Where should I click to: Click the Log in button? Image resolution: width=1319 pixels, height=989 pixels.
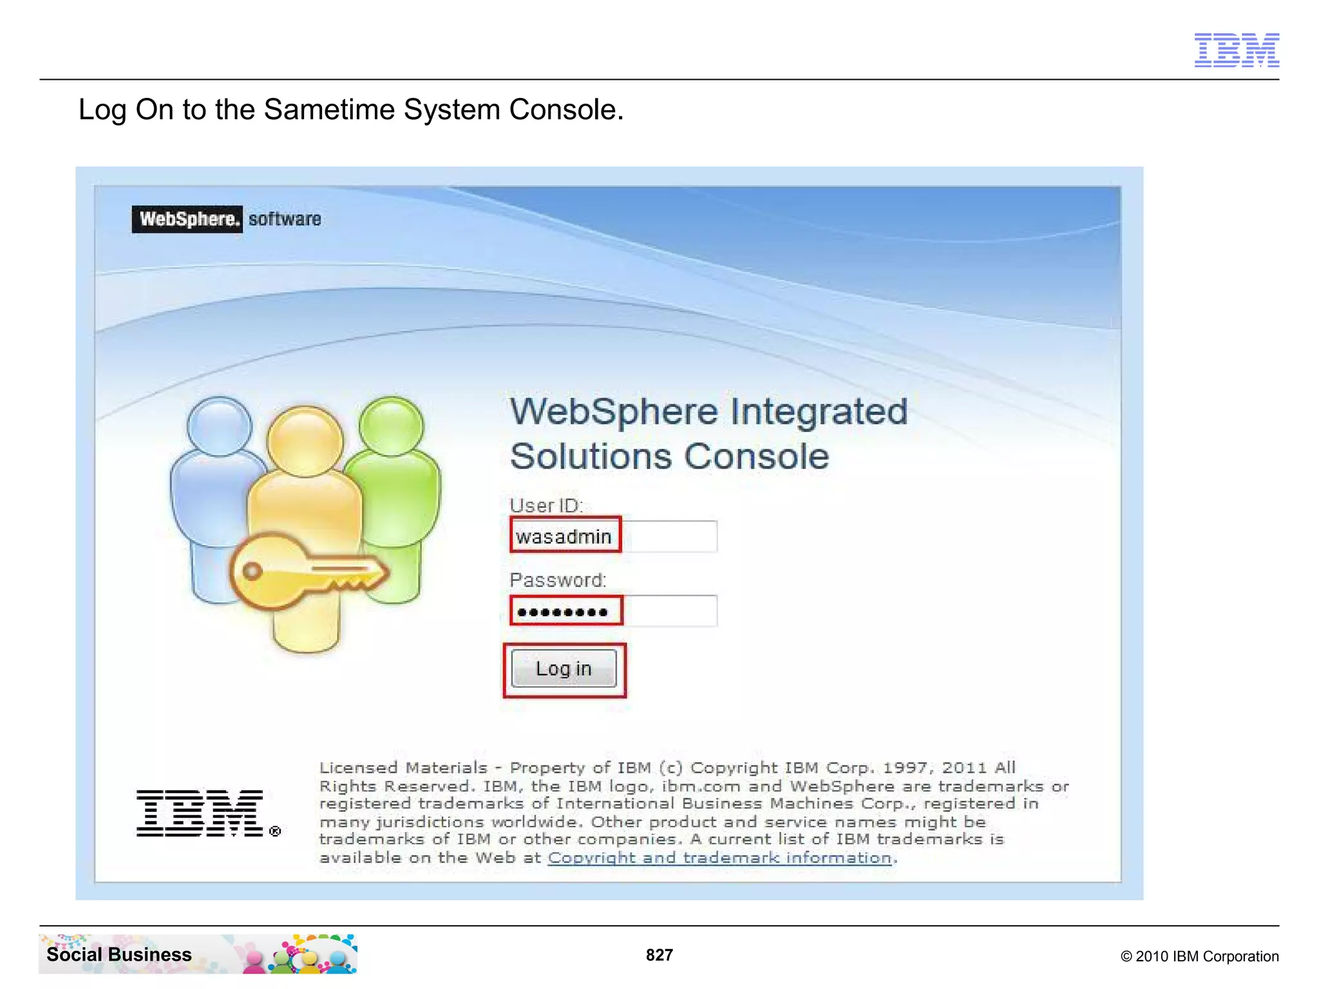point(564,668)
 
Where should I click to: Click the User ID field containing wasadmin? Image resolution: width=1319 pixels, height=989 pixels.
point(612,536)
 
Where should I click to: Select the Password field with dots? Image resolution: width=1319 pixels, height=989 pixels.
point(612,610)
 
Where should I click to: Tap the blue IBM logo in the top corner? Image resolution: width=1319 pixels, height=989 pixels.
point(1236,50)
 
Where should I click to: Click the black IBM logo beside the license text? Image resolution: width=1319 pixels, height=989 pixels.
point(200,813)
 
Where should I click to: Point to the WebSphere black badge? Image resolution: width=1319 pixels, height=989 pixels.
point(187,219)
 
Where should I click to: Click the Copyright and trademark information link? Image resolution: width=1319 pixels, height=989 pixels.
point(720,858)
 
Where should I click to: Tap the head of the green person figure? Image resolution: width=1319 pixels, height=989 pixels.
point(391,426)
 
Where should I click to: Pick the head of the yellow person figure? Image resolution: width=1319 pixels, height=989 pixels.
point(305,441)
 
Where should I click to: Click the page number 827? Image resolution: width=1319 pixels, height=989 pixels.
point(659,955)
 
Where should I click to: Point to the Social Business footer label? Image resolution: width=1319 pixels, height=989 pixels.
point(119,954)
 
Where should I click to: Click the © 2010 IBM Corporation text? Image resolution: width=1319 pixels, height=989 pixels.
point(1199,956)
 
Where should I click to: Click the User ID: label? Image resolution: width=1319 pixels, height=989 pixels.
point(546,505)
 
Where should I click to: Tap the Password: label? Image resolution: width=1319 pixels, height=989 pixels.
point(557,580)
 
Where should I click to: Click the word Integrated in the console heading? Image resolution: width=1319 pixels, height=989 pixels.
point(819,411)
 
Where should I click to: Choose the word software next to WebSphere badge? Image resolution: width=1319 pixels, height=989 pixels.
point(285,219)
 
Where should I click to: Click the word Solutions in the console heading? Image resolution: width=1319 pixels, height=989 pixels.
point(591,457)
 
